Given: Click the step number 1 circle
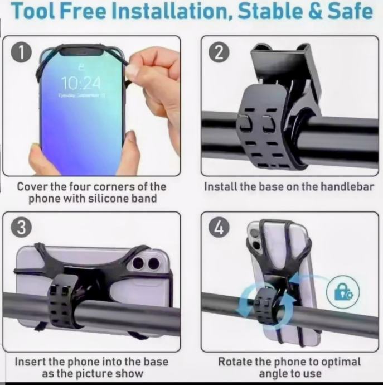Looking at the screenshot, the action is coord(21,52).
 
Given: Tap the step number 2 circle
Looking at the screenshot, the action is coord(219,52).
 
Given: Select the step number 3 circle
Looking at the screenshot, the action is coord(21,228).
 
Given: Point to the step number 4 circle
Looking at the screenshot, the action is coord(219,228).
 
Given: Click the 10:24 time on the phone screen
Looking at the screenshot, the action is coord(81,83).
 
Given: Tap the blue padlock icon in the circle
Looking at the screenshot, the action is coord(343,292).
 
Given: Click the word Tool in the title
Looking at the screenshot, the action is coord(33,11).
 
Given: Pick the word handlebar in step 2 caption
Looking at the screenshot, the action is coord(347,186).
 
